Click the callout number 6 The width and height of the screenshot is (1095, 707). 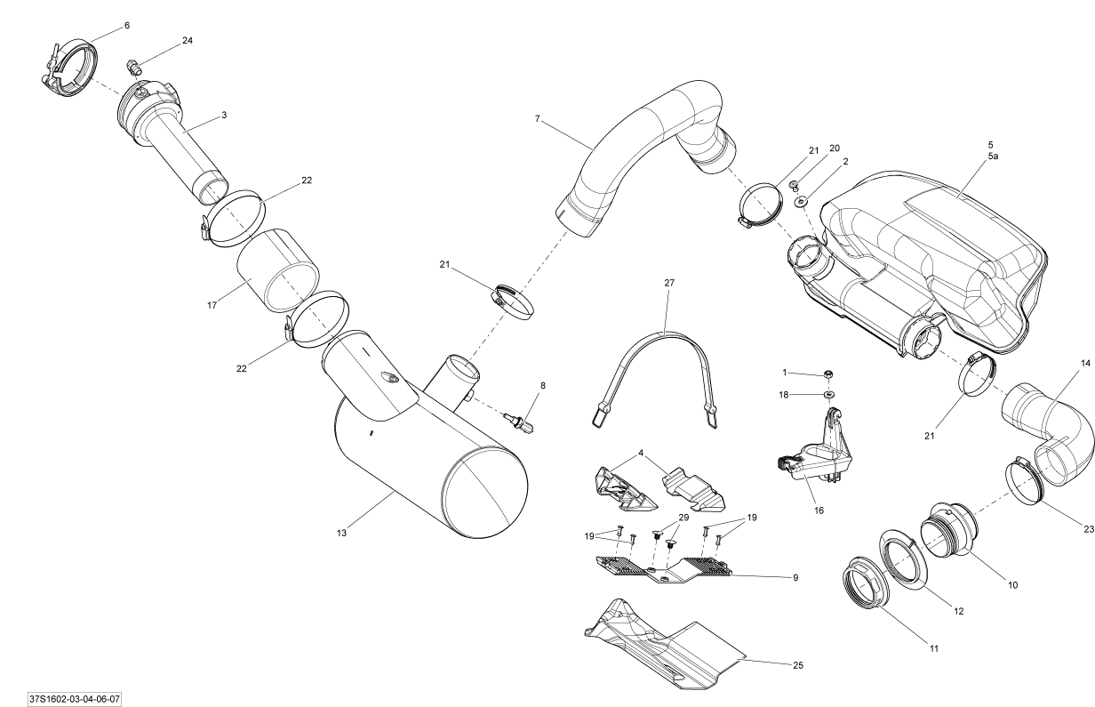click(126, 26)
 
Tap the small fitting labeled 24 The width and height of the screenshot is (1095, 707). click(133, 66)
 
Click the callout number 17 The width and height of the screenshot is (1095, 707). click(212, 307)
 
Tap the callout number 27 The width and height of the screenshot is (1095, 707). click(669, 282)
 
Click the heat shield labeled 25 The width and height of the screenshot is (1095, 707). click(667, 640)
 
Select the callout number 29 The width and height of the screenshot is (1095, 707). click(683, 518)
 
